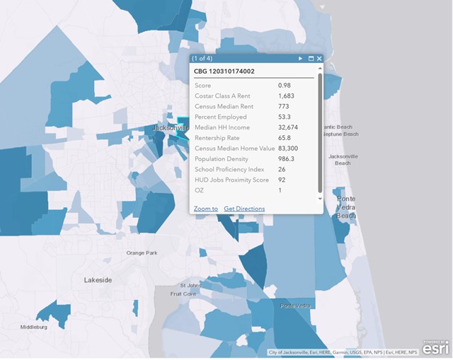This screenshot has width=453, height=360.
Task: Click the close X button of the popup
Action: coord(319,59)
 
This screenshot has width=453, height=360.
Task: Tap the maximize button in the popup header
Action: coord(311,59)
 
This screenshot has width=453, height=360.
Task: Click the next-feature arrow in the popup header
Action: coord(300,59)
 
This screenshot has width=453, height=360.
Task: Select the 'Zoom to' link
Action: coord(205,209)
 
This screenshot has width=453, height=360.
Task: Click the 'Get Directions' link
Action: coord(244,209)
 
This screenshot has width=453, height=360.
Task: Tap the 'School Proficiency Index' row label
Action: coord(229,170)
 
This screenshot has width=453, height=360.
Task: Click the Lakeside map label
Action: coord(98,280)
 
